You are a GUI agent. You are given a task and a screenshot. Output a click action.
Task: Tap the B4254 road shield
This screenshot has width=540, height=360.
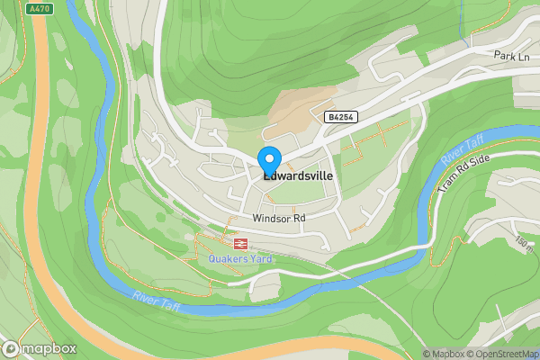tap(338, 117)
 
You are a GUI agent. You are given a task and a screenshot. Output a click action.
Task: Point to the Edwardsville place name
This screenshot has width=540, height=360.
tap(297, 177)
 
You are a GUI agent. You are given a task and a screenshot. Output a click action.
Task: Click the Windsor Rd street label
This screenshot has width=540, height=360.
tap(280, 218)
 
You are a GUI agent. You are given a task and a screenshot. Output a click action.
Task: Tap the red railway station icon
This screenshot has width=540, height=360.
tap(240, 243)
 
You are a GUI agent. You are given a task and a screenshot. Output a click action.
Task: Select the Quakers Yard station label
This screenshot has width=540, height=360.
tap(239, 259)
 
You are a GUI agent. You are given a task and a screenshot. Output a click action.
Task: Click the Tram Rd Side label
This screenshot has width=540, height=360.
tap(464, 172)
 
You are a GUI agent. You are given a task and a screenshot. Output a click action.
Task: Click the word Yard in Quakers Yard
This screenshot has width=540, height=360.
tap(261, 259)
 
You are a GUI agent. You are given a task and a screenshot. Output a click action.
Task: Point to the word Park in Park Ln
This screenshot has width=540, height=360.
tap(503, 56)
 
